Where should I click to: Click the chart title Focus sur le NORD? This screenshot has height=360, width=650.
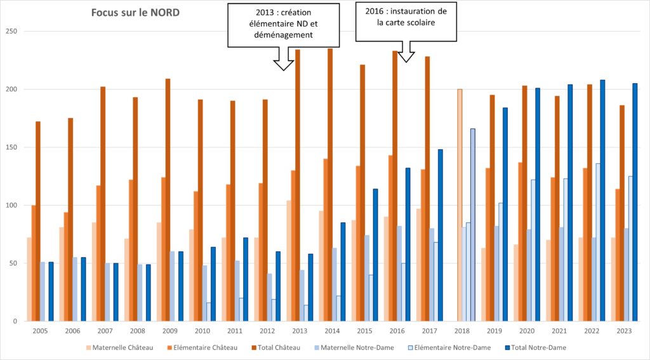coord(135,13)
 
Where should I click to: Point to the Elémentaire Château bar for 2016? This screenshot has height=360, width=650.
coord(390,238)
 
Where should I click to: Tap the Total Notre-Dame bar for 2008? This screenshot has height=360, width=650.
coord(148,293)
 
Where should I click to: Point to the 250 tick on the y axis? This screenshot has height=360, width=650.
coord(11,32)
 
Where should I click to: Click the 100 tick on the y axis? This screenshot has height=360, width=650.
coord(11,206)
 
